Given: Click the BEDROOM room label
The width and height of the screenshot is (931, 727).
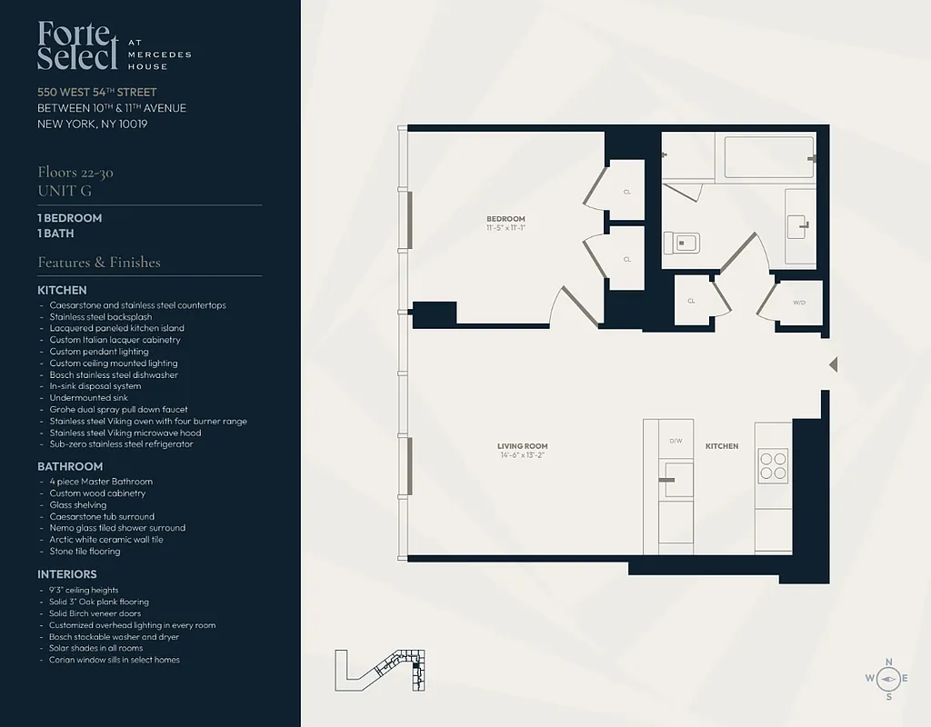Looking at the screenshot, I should point(506,219).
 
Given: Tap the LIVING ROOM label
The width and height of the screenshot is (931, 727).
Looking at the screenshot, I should point(523,446).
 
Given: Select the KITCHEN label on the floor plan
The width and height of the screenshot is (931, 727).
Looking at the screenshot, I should point(722,446).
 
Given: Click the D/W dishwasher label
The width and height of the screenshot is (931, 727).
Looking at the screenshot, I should point(676,441).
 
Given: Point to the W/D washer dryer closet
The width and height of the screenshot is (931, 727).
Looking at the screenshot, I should point(799,303).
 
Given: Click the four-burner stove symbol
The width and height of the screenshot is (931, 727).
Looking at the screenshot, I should point(773,465).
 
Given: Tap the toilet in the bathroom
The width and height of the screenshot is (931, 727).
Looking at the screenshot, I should point(681,243).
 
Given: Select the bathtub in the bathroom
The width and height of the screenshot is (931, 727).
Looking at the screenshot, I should point(768,157).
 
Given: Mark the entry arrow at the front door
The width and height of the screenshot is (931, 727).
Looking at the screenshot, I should point(833,364).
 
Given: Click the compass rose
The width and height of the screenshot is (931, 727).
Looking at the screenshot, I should point(888,678).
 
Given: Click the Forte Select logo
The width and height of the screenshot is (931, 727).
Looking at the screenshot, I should point(78,46).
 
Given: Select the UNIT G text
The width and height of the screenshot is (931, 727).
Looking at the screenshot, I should point(65,191).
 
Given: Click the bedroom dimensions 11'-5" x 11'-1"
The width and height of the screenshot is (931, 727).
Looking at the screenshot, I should point(506,228).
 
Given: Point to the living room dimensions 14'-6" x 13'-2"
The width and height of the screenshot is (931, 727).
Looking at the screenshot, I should point(523,455).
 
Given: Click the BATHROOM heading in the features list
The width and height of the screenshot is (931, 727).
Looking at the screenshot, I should point(70,466).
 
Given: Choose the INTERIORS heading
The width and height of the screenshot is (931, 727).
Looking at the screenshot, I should point(67,574).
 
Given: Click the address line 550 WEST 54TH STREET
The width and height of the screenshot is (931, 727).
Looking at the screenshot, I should point(97,92).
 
